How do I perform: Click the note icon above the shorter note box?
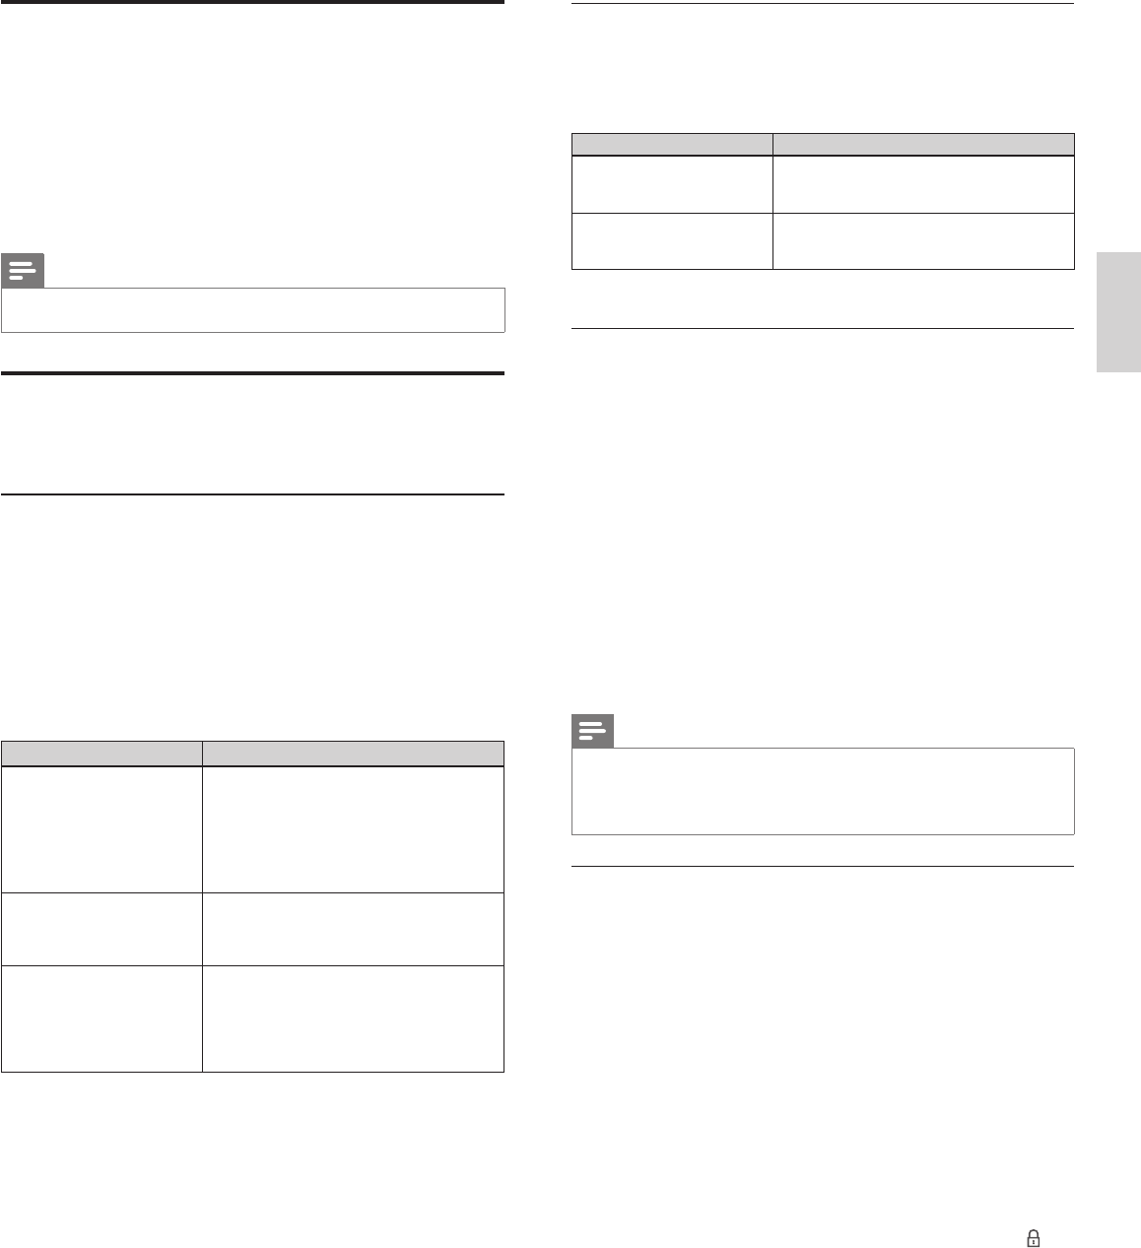23,271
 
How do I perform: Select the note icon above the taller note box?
592,732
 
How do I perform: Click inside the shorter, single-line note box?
253,309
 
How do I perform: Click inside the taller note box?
823,791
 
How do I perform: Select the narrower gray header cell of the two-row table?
672,144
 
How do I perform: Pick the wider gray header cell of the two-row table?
923,144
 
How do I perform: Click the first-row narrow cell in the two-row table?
672,184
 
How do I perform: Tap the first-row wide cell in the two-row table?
923,184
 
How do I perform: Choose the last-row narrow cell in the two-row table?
672,240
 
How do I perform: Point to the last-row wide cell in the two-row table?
923,240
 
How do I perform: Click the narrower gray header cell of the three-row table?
101,753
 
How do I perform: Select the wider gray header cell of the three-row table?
353,753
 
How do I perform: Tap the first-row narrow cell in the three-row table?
101,829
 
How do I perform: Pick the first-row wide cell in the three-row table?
353,829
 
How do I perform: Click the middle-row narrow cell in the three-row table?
101,929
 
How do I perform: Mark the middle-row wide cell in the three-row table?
353,929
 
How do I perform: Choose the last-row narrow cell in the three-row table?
101,1018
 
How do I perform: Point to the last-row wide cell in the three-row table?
353,1018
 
